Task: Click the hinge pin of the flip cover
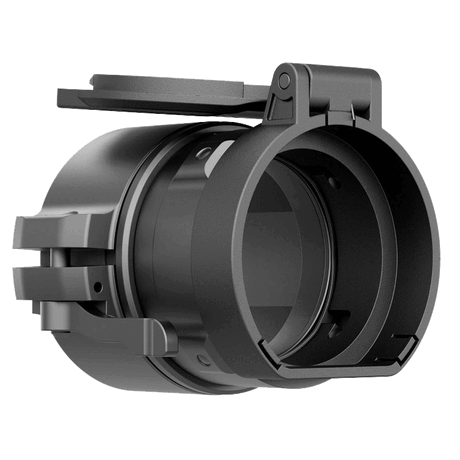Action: tap(284, 78)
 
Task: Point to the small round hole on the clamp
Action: tap(97, 286)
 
